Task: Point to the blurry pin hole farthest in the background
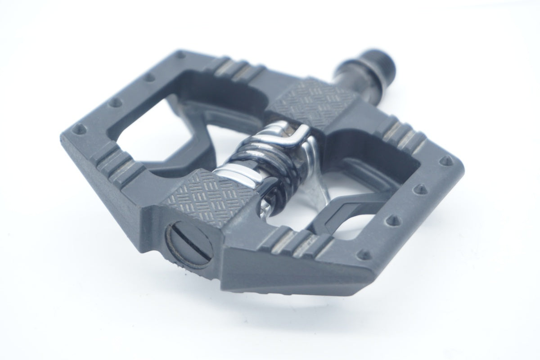tap(182, 56)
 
